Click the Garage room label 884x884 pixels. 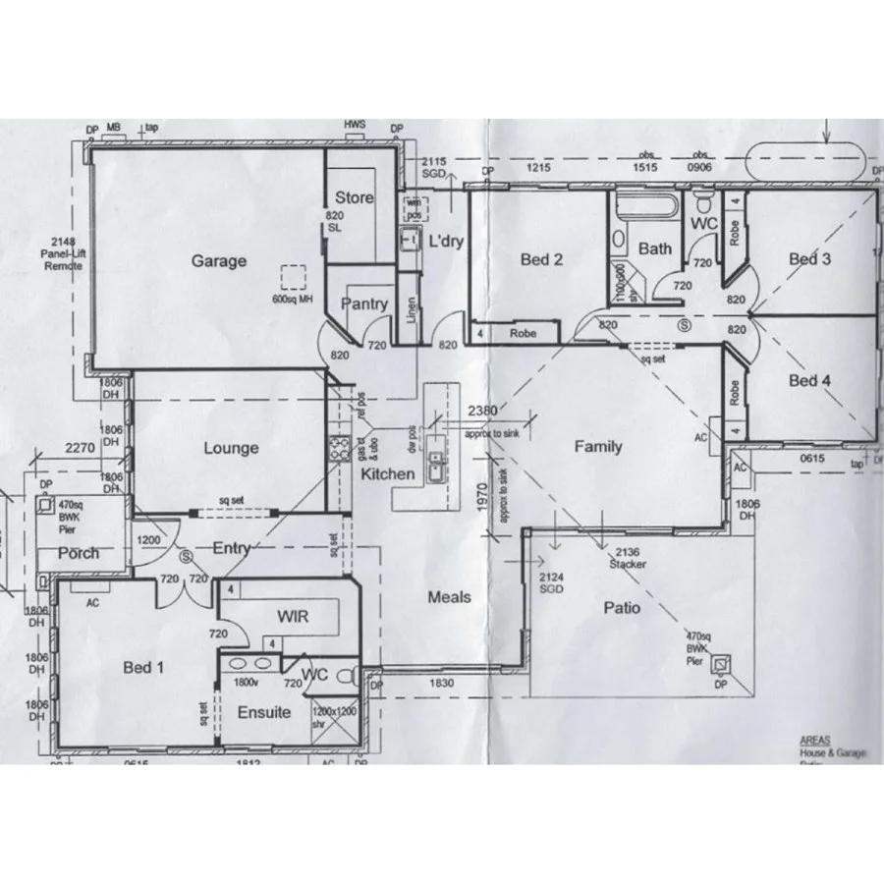coord(219,261)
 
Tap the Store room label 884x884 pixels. coord(354,197)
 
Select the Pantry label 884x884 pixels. coord(363,304)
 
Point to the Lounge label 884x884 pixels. coord(231,449)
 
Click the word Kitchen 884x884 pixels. coord(387,474)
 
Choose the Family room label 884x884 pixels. coord(597,447)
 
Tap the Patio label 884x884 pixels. coord(622,608)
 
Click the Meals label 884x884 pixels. coord(449,597)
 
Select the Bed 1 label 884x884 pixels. coord(143,668)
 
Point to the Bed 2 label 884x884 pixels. coord(541,260)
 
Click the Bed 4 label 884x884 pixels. coord(809,380)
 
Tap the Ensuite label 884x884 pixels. coord(263,711)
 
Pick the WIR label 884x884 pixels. coord(294,617)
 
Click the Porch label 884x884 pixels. coord(79,553)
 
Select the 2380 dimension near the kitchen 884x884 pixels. coord(483,410)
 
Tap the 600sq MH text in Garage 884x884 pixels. coord(292,300)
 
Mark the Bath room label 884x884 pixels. coord(655,249)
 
